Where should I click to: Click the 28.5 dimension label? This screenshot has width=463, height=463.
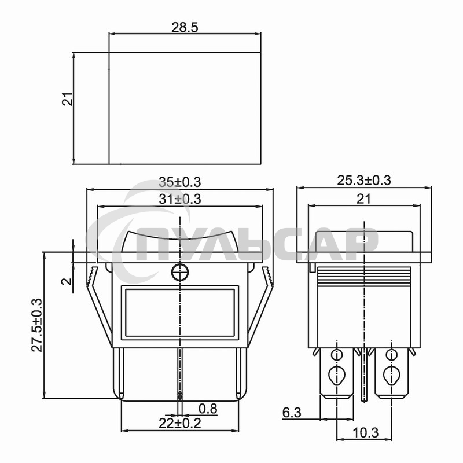coord(185,27)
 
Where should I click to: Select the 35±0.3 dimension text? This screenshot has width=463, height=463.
coord(180,182)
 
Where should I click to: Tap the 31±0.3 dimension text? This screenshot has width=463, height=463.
coord(180,199)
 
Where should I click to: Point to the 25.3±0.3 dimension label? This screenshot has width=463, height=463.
coord(364,181)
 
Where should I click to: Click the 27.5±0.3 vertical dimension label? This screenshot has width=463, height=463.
coord(38,325)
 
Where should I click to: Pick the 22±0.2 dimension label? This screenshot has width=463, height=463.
coord(180,423)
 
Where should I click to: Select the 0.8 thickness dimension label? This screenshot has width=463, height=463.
coord(208,409)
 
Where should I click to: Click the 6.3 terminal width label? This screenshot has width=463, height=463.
coord(292,413)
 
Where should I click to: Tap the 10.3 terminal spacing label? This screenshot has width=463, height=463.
coord(365,433)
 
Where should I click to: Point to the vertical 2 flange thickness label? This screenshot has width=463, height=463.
coord(67,281)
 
